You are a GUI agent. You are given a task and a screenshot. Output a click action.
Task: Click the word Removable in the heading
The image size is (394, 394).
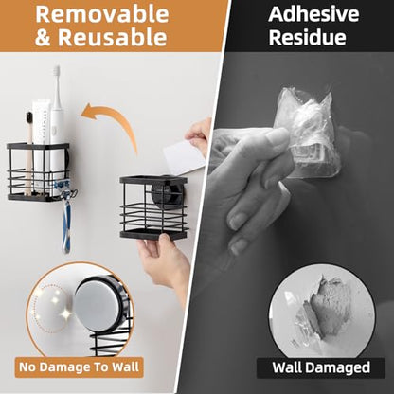(102, 14)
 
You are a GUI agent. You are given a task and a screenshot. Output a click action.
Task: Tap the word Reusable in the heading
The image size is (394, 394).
(113, 37)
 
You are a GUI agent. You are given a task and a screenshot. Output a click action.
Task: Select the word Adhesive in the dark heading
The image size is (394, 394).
(313, 14)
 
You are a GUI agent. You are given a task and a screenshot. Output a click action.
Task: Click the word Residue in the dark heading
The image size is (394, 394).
(308, 37)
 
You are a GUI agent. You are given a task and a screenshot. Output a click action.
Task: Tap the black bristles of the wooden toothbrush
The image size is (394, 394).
(29, 118)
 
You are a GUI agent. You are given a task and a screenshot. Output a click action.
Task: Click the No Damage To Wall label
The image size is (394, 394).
(79, 367)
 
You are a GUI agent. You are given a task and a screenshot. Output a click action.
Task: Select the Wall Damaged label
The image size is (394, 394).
(321, 367)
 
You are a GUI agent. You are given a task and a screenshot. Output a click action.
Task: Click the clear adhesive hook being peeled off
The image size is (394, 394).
(306, 134)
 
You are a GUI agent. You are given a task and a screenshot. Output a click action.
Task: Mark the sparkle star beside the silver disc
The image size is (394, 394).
(66, 313)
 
